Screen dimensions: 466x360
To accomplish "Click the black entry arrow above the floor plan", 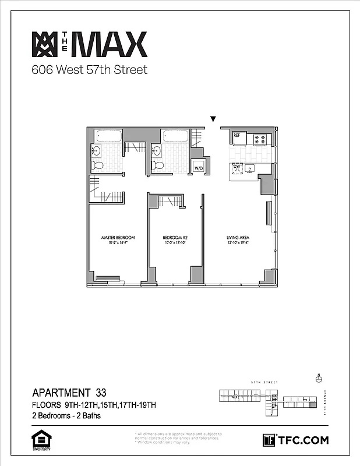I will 214,118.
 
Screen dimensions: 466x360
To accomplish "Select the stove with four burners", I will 259,139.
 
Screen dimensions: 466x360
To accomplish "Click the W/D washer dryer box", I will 199,168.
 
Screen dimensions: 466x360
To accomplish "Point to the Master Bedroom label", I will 118,238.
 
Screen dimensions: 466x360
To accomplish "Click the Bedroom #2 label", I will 174,238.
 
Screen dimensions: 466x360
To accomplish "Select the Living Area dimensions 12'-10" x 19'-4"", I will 238,243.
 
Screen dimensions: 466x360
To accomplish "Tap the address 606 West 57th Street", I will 89,70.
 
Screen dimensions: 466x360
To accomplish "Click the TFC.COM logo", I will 296,440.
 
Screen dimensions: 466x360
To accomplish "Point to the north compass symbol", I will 318,377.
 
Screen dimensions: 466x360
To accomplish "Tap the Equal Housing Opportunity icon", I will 39,440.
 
